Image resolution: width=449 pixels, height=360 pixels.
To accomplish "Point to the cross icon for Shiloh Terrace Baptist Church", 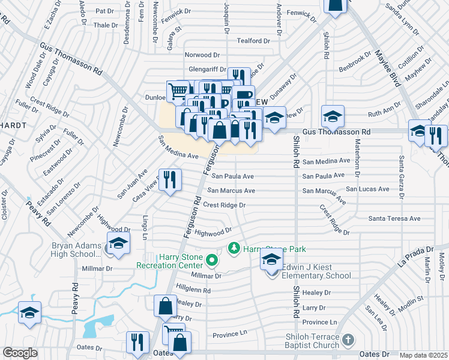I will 348,341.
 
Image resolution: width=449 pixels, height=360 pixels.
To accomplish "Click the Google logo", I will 20,353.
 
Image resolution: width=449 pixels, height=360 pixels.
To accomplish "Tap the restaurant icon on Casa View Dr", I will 170,179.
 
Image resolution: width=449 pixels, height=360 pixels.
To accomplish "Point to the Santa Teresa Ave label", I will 394,219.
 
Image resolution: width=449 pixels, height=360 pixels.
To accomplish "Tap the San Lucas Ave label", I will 367,189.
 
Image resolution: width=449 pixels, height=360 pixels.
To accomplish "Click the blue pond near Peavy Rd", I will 96,328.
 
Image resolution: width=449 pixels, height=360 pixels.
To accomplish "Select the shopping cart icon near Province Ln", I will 173,332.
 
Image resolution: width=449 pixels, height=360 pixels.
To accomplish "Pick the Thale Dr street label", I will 106,25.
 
